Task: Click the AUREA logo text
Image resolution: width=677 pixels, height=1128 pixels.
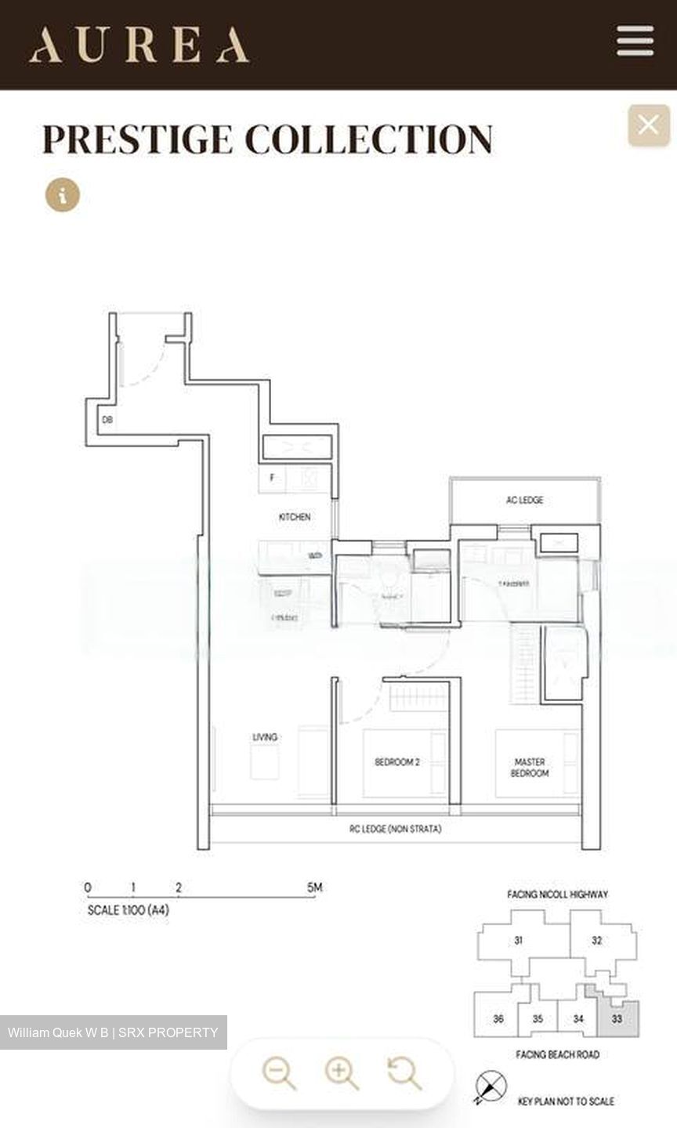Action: coord(139,45)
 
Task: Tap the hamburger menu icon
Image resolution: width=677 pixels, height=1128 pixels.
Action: coord(635,41)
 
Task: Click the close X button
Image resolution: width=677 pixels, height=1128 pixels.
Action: coord(648,125)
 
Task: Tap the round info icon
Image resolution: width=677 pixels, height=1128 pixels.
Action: coord(63,194)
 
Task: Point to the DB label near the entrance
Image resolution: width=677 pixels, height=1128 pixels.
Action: coord(107,420)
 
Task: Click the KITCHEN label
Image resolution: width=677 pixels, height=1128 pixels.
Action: coord(295,517)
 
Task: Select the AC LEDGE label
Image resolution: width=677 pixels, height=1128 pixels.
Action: coord(524,500)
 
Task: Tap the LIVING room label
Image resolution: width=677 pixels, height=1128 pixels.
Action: coord(265,737)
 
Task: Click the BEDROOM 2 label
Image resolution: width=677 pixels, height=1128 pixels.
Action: coord(397,761)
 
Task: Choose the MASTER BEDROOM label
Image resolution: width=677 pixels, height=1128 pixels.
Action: coord(530,767)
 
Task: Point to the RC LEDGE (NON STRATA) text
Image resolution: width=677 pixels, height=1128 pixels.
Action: coord(395,829)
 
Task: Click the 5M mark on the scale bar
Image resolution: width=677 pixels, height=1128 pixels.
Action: coord(314,888)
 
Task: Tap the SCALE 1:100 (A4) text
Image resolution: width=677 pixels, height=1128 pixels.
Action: coord(128,910)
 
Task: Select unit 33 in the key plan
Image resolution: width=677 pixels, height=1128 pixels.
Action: coord(617,1019)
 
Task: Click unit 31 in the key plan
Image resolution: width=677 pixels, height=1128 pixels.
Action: coord(518,940)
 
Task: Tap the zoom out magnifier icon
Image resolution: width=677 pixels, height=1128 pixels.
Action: coord(278,1072)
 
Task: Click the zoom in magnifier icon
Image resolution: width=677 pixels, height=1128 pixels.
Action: coord(342,1072)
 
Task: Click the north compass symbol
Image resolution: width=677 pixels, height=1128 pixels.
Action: coord(491,1087)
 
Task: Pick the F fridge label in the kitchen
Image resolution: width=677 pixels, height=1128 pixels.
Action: coord(272,477)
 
